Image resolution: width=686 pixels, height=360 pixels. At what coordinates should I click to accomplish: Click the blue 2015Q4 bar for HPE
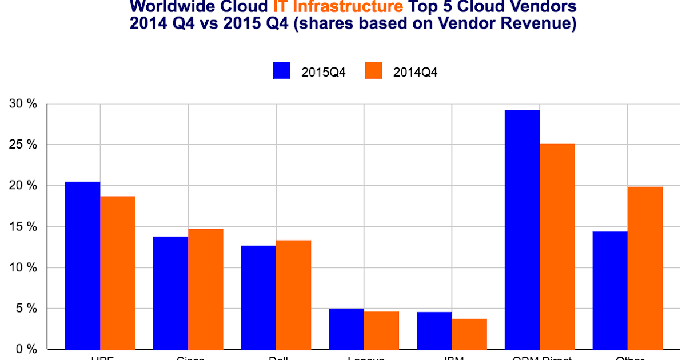(x=83, y=265)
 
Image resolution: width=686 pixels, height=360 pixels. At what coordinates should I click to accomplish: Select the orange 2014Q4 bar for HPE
(x=118, y=273)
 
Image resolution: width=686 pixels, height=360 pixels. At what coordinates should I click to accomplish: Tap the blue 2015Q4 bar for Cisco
(x=170, y=293)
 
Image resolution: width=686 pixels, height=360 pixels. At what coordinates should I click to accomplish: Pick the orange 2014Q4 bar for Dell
(x=293, y=294)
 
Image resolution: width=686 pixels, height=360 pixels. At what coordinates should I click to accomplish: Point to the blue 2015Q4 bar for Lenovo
(x=346, y=329)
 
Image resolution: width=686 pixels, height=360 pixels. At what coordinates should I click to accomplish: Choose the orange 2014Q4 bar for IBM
(x=469, y=334)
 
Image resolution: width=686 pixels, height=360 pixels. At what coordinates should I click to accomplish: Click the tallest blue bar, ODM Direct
(x=522, y=229)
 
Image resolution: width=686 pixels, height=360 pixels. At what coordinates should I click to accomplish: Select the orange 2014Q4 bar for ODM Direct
(x=557, y=246)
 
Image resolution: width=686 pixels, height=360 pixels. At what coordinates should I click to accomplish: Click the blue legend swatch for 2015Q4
(x=282, y=71)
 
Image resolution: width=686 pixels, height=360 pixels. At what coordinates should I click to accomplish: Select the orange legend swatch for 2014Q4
(x=373, y=71)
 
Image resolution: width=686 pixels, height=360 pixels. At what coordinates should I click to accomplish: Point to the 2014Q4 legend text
(x=416, y=71)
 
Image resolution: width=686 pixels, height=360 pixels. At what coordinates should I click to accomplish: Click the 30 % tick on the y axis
(x=22, y=105)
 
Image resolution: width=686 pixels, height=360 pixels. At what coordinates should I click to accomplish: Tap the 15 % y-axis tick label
(x=22, y=227)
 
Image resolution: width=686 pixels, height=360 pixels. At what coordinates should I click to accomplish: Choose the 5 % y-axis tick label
(x=26, y=309)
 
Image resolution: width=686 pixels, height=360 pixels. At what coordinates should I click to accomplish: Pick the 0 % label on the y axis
(x=26, y=349)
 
